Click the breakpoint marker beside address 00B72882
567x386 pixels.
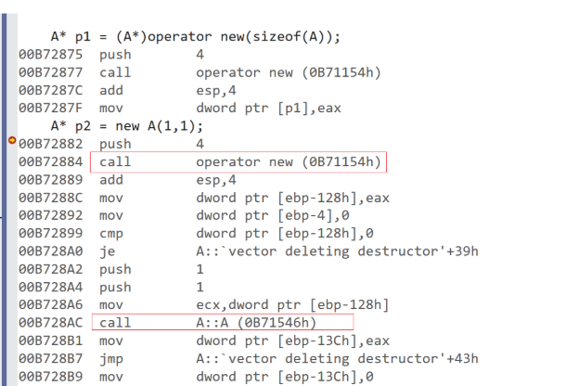(11, 141)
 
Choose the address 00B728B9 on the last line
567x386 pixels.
(51, 376)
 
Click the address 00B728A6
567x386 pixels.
(51, 305)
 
